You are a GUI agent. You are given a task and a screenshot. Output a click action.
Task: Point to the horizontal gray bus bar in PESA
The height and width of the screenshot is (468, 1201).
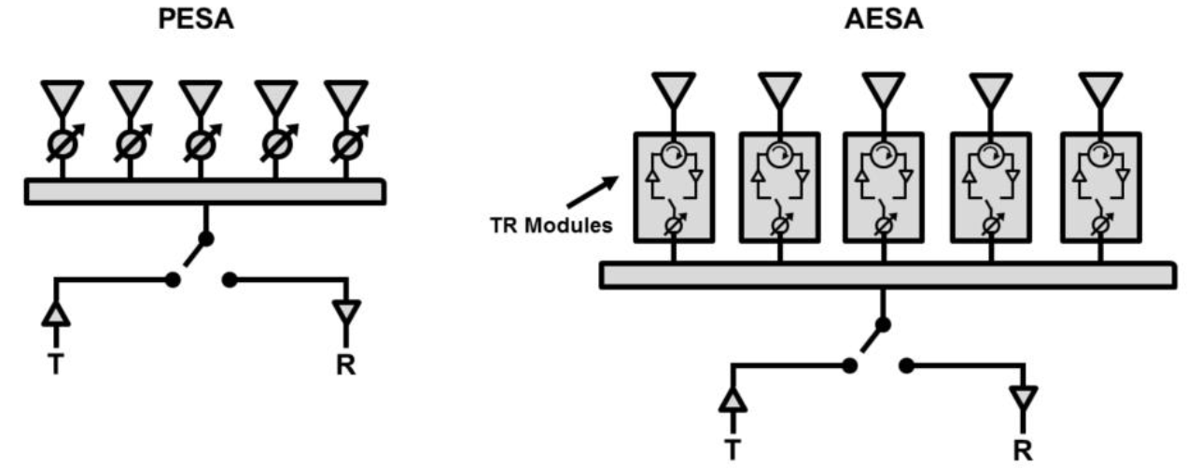tap(203, 191)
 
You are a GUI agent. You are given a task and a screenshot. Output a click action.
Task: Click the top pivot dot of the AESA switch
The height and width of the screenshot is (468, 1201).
tap(882, 325)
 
